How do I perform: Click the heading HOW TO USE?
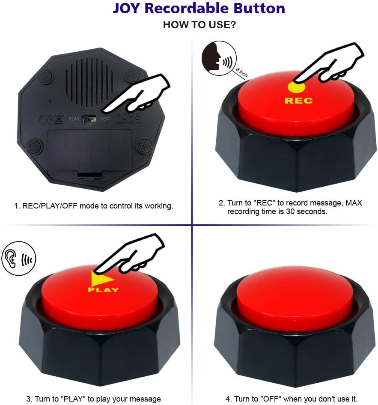click(x=199, y=25)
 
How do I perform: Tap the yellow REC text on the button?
click(x=298, y=101)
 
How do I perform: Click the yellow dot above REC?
click(x=296, y=87)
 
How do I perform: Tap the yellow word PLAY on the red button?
click(x=103, y=290)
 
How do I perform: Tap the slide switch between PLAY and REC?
click(x=89, y=118)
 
